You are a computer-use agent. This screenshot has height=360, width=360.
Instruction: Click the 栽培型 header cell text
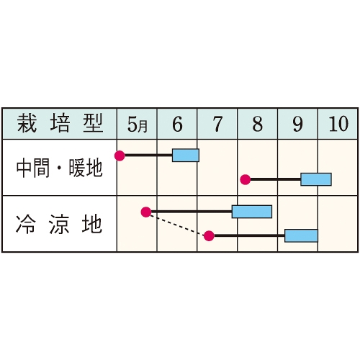click(x=60, y=124)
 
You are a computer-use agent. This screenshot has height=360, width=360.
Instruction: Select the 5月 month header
click(x=137, y=125)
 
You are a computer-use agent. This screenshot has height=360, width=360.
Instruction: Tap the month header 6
click(x=177, y=125)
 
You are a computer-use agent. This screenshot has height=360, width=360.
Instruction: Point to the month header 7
click(x=217, y=125)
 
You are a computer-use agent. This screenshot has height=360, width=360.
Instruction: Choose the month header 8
click(x=258, y=125)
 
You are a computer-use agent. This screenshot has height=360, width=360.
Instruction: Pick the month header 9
click(x=297, y=125)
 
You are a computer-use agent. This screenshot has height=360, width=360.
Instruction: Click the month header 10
click(x=338, y=124)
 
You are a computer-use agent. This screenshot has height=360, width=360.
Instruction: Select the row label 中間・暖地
click(x=59, y=168)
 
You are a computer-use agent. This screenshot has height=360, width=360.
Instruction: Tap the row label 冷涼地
click(x=59, y=225)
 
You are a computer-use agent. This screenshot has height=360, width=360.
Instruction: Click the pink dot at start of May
click(x=120, y=156)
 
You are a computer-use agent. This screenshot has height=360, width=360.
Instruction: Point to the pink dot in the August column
click(x=246, y=179)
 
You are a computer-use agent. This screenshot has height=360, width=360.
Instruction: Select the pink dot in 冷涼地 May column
click(x=146, y=212)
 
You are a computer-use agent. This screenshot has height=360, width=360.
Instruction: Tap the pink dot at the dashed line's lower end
click(x=209, y=236)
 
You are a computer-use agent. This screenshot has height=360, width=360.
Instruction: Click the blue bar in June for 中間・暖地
click(x=186, y=156)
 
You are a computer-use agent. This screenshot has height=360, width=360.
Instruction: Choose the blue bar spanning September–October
click(x=316, y=179)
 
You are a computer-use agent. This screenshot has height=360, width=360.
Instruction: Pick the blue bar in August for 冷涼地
click(x=252, y=212)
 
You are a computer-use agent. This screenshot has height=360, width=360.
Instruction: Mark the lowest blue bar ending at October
click(x=301, y=235)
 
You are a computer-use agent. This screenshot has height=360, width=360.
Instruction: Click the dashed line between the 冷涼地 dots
click(x=178, y=224)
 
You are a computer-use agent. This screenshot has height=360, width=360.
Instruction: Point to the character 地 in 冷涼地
click(x=92, y=225)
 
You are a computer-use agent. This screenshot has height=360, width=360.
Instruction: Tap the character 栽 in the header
click(x=27, y=124)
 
